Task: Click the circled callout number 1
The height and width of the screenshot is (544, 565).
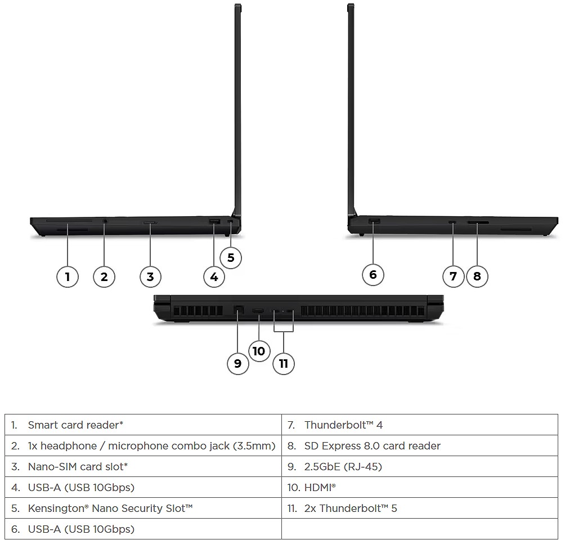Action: click(x=68, y=277)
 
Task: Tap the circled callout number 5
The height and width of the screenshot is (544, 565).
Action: click(x=231, y=258)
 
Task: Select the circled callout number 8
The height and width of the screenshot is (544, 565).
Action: click(x=477, y=277)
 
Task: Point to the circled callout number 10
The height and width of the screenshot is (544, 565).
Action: click(x=259, y=351)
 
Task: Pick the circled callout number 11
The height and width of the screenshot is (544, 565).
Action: click(x=284, y=363)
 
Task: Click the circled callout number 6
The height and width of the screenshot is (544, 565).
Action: click(x=373, y=275)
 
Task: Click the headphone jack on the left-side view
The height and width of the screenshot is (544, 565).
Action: click(x=105, y=221)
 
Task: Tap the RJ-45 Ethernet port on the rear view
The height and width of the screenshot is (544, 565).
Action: click(x=239, y=310)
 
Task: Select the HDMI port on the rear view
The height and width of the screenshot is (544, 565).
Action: click(x=258, y=311)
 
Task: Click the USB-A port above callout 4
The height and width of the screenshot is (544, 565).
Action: click(x=214, y=221)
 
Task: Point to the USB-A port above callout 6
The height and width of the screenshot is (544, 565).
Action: click(x=374, y=221)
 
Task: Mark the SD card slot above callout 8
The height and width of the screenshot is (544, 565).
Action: click(x=478, y=223)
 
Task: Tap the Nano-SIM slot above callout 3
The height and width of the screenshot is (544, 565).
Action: click(x=150, y=223)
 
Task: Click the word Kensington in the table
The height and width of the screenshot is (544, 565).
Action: click(x=58, y=509)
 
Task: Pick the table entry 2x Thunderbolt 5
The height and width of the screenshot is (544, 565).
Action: click(x=351, y=509)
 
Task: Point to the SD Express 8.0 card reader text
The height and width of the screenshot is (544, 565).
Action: click(x=372, y=446)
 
